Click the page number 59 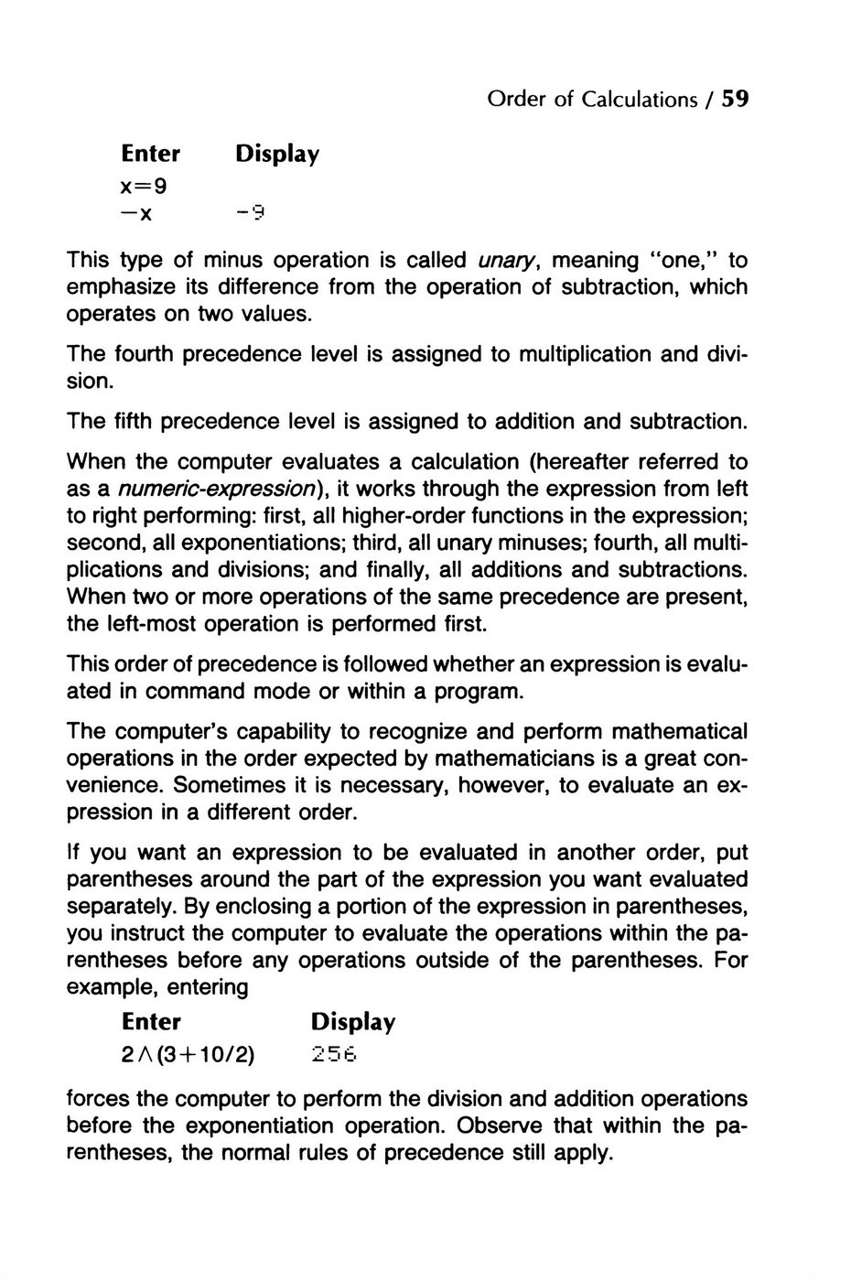[x=735, y=99]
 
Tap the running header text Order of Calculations [x=592, y=99]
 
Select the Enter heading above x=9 [x=151, y=153]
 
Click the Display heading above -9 [x=276, y=154]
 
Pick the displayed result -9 [x=249, y=215]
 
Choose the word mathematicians [x=530, y=759]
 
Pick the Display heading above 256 [x=352, y=1022]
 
